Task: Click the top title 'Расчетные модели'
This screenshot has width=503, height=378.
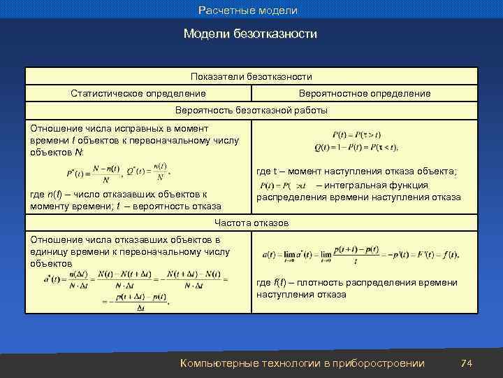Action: point(248,10)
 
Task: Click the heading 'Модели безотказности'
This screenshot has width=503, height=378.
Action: point(250,34)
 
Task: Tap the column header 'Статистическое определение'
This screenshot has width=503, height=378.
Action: point(138,93)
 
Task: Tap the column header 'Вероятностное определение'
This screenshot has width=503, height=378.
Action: point(364,93)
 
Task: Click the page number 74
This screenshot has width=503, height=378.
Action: point(467,363)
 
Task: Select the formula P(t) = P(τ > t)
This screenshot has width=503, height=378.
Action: point(357,134)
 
